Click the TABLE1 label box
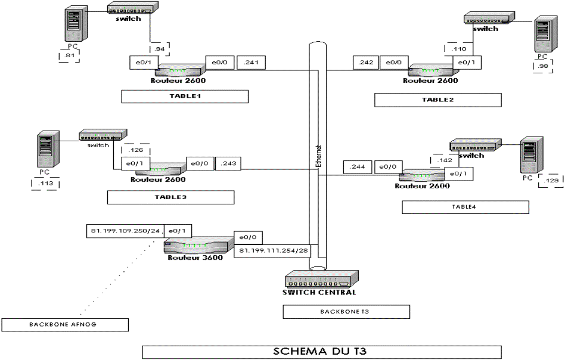(x=185, y=97)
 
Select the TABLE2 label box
(x=438, y=100)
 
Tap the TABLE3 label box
(x=170, y=197)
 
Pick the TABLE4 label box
(x=465, y=207)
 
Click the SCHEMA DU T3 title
(x=321, y=351)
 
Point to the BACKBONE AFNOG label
(x=65, y=325)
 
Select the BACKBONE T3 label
(x=346, y=312)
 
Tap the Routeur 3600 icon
(x=198, y=245)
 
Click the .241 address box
(x=252, y=63)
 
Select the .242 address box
(x=366, y=63)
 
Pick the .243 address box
(x=228, y=163)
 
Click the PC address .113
(x=45, y=184)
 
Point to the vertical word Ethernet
(x=319, y=157)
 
